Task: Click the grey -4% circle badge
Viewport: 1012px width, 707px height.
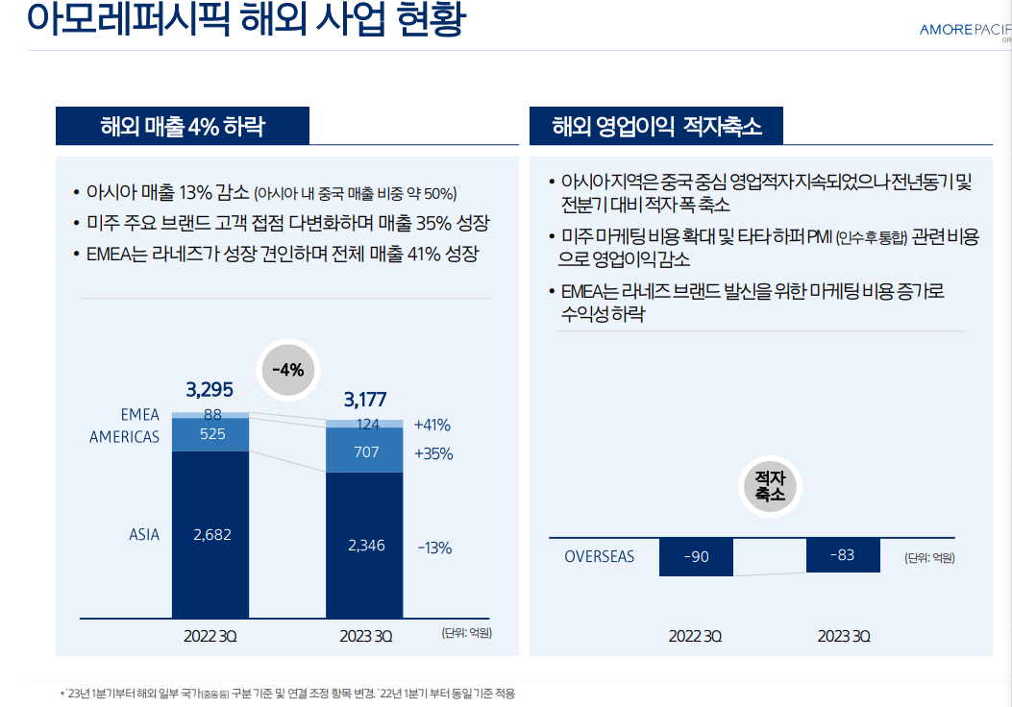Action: tap(287, 369)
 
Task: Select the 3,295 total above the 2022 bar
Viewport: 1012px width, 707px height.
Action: tap(210, 390)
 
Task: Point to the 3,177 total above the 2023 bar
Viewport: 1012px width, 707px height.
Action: tap(364, 400)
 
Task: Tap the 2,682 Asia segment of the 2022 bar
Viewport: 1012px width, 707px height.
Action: tap(210, 535)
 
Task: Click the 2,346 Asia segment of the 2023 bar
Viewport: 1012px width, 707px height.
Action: tap(365, 546)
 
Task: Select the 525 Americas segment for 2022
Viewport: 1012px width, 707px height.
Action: tap(210, 434)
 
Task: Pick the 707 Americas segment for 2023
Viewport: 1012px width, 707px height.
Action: tap(365, 451)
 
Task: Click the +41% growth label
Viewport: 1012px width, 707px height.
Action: tap(432, 425)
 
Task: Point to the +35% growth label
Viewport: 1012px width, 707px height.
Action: tap(432, 453)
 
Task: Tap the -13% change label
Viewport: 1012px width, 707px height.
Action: tap(434, 548)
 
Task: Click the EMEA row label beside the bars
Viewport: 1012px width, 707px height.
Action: tap(140, 416)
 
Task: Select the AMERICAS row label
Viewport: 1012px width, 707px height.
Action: tap(125, 436)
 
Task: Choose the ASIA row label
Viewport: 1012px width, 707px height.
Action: tap(144, 535)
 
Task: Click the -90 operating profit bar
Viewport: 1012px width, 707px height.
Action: tap(696, 557)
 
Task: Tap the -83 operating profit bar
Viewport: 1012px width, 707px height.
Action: tap(842, 555)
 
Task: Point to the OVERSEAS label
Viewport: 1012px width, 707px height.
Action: tap(600, 556)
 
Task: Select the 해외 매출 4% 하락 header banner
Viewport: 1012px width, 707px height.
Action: tap(183, 126)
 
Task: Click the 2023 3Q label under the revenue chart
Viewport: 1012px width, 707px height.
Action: tap(365, 636)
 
